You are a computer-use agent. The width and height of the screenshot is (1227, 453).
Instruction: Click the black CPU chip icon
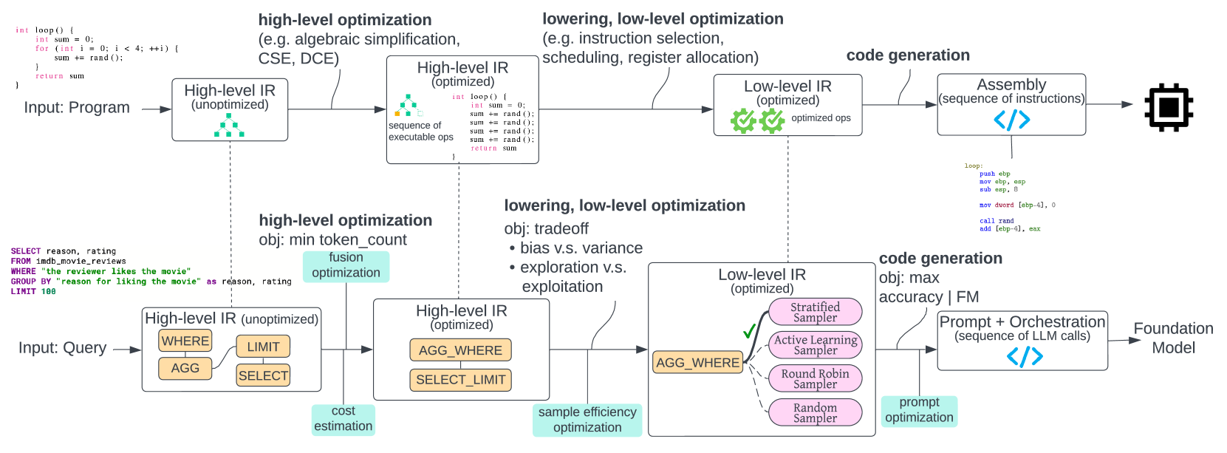coord(1169,108)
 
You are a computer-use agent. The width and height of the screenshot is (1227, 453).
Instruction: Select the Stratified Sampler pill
coord(815,312)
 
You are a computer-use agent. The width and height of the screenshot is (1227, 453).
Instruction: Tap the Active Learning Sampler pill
coord(815,344)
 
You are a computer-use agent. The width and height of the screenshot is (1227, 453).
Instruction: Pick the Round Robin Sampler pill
coord(815,378)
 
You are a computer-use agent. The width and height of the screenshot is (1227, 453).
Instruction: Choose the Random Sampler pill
coord(815,412)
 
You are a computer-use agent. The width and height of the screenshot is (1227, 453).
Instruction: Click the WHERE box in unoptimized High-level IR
coord(185,341)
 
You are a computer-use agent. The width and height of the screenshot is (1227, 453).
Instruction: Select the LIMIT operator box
coord(263,347)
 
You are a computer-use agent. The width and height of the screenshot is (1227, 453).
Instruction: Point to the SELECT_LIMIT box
coord(460,380)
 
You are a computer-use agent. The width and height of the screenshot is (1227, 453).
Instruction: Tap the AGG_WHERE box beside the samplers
coord(697,363)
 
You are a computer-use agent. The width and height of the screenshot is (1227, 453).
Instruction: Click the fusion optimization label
coord(346,265)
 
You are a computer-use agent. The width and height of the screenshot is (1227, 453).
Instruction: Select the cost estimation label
coord(343,419)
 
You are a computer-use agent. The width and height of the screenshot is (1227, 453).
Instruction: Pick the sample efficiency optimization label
coord(587,420)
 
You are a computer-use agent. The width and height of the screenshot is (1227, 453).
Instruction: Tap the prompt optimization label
coord(919,410)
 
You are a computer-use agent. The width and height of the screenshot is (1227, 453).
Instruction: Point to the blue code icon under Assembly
coord(1011,120)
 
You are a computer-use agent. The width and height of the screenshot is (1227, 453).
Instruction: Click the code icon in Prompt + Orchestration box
coord(1025,357)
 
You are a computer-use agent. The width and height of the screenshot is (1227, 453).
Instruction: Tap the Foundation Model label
coord(1173,338)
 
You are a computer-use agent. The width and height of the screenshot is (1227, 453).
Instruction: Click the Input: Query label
coord(63,347)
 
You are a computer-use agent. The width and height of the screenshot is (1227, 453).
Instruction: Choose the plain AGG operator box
coord(185,368)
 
